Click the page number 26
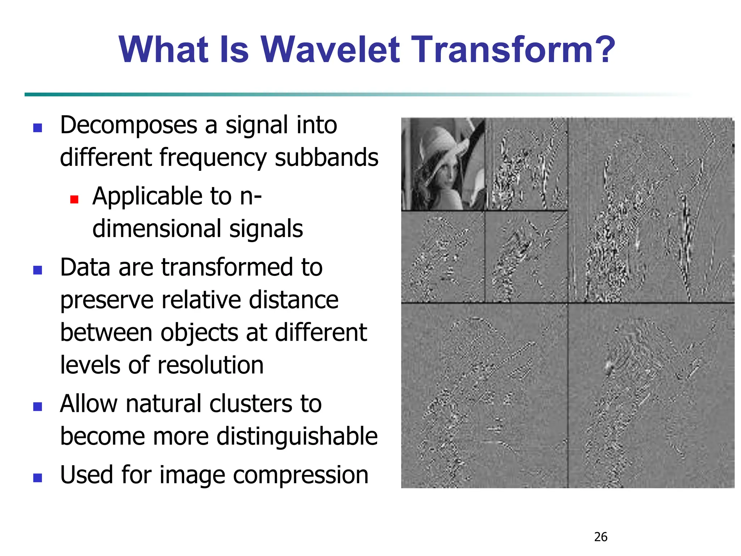tap(601, 537)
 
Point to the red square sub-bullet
tap(74, 199)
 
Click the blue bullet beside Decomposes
tap(38, 128)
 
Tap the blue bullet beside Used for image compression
tap(38, 478)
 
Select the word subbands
tap(326, 158)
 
